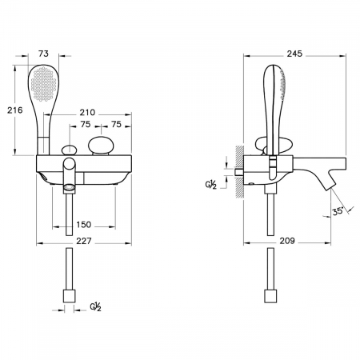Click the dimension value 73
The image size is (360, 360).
[x=43, y=54]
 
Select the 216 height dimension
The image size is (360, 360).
[x=15, y=110]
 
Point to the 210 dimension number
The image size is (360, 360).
[x=87, y=113]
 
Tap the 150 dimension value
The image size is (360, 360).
[x=84, y=225]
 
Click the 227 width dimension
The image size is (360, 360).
[x=84, y=241]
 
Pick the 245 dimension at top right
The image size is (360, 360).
[x=294, y=54]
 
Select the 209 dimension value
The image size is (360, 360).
[x=287, y=241]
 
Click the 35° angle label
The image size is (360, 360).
[x=338, y=211]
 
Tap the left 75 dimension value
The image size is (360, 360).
[x=86, y=124]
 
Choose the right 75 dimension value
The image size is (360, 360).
[x=116, y=124]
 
